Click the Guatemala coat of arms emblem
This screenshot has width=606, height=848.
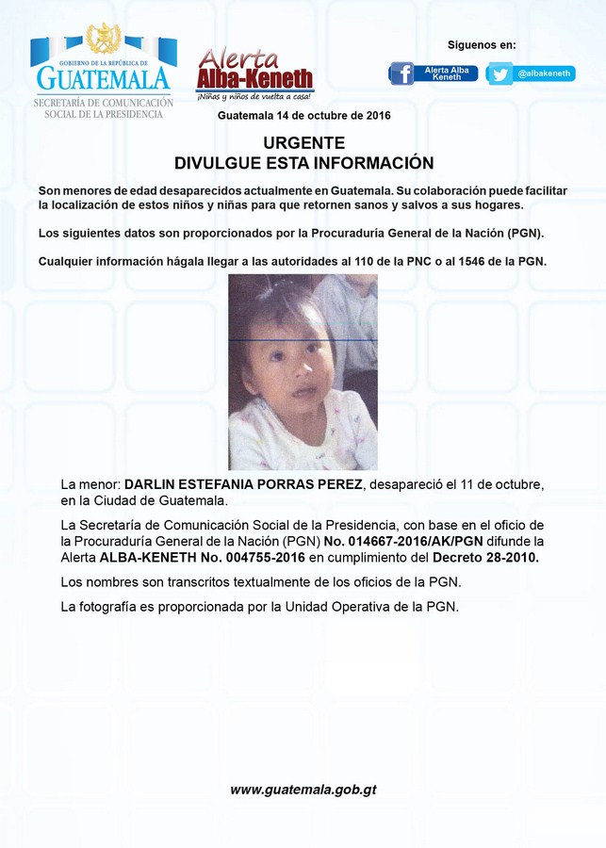click(104, 39)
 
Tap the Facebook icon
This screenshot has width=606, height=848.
click(402, 73)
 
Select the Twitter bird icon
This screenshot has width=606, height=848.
click(500, 73)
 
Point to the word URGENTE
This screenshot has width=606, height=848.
click(303, 143)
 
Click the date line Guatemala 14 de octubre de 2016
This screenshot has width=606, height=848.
click(303, 116)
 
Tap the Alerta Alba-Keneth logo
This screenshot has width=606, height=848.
click(254, 74)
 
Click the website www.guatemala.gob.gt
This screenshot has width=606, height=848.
click(303, 790)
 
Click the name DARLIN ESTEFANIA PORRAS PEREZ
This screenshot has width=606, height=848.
click(243, 484)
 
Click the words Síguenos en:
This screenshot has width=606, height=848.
click(482, 45)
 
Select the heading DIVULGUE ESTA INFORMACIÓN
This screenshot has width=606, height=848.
click(303, 163)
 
